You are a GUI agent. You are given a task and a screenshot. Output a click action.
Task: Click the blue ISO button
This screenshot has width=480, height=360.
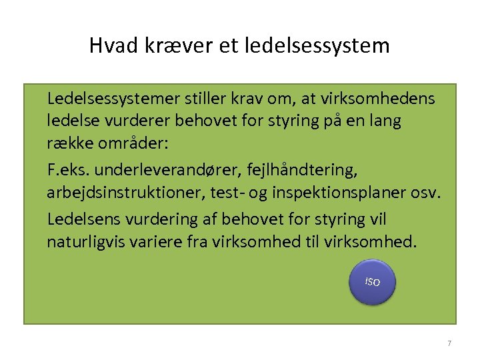point(373,282)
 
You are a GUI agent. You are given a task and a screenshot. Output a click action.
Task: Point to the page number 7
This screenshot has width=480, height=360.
point(449,343)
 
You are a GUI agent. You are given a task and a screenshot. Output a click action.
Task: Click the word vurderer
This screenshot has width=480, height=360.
point(134,123)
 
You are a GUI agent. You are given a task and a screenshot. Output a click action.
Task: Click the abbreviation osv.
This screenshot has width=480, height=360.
point(427,194)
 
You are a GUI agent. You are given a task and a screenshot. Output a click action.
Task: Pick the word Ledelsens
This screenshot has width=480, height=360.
point(83,219)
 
